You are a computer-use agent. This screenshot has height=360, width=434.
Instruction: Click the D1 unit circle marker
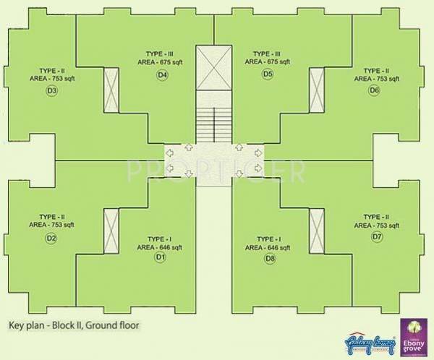point(160,257)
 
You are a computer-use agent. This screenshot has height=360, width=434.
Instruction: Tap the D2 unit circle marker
point(51,238)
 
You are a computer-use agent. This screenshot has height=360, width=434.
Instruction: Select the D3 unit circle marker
point(51,90)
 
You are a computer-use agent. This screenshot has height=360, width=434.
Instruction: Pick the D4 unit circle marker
point(162,74)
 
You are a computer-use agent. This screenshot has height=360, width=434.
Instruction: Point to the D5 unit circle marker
point(268,74)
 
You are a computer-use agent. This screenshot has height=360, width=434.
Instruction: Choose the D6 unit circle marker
point(374,90)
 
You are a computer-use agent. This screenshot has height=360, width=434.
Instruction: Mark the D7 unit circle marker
point(377,237)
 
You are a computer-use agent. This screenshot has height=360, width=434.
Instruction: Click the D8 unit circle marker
point(270,258)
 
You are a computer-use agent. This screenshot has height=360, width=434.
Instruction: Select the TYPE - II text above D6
point(376,71)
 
